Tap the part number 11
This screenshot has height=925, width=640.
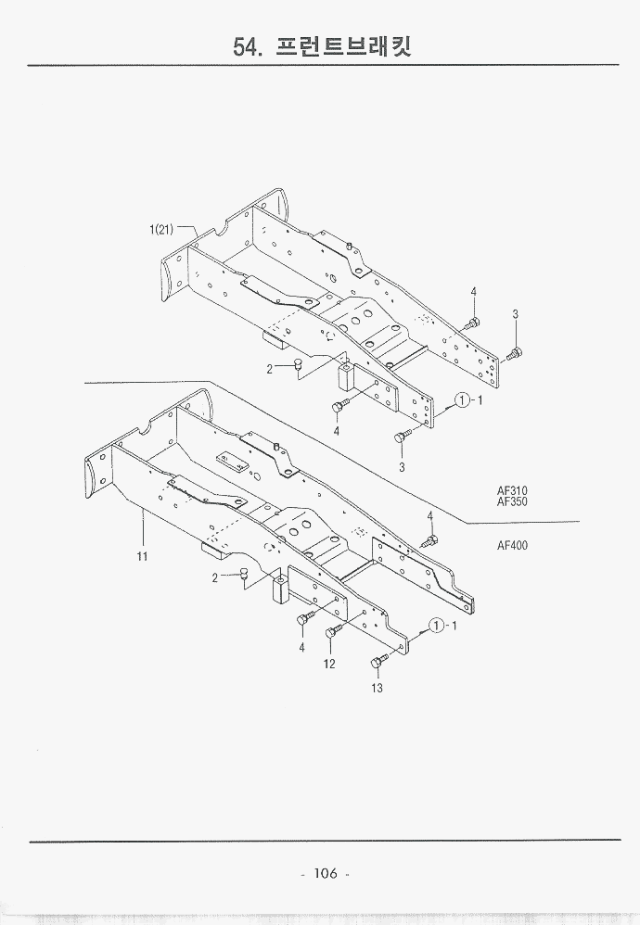click(143, 556)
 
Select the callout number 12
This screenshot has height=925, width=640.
click(329, 664)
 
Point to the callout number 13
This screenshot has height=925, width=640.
click(378, 688)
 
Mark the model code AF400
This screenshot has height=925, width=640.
click(512, 545)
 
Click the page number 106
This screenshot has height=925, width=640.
click(325, 873)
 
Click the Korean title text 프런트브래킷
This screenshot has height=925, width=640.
click(345, 45)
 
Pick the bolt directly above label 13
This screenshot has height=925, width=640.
click(378, 661)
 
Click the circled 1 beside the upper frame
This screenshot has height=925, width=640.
click(461, 400)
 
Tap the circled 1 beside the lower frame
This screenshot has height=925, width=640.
click(438, 626)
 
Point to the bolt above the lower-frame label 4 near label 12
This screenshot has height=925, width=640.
click(304, 619)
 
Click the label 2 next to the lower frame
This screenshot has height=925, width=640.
click(215, 577)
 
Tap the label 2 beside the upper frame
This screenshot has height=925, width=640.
click(270, 369)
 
